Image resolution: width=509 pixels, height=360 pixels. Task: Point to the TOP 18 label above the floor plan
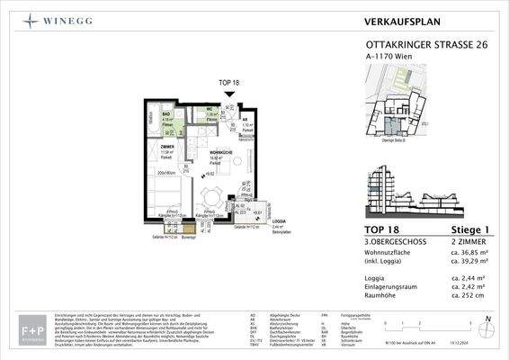pos(230,82)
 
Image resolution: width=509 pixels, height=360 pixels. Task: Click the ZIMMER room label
pos(167,145)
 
